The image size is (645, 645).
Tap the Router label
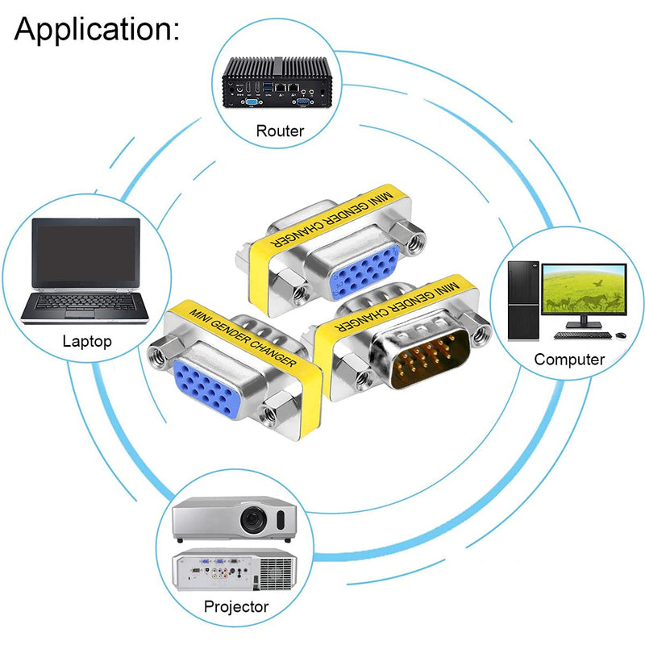point(280,131)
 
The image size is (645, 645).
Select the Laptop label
point(87,341)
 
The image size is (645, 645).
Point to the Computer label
point(569,360)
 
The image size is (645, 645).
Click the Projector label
point(236,607)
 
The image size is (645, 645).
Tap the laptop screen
point(85,252)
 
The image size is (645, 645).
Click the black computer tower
point(522,301)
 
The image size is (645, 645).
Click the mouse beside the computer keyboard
point(622,336)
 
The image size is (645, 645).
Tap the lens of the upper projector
point(253,520)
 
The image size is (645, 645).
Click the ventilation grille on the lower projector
point(275,572)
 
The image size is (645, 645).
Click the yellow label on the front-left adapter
point(243,337)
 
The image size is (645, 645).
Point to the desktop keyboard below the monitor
point(583,335)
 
